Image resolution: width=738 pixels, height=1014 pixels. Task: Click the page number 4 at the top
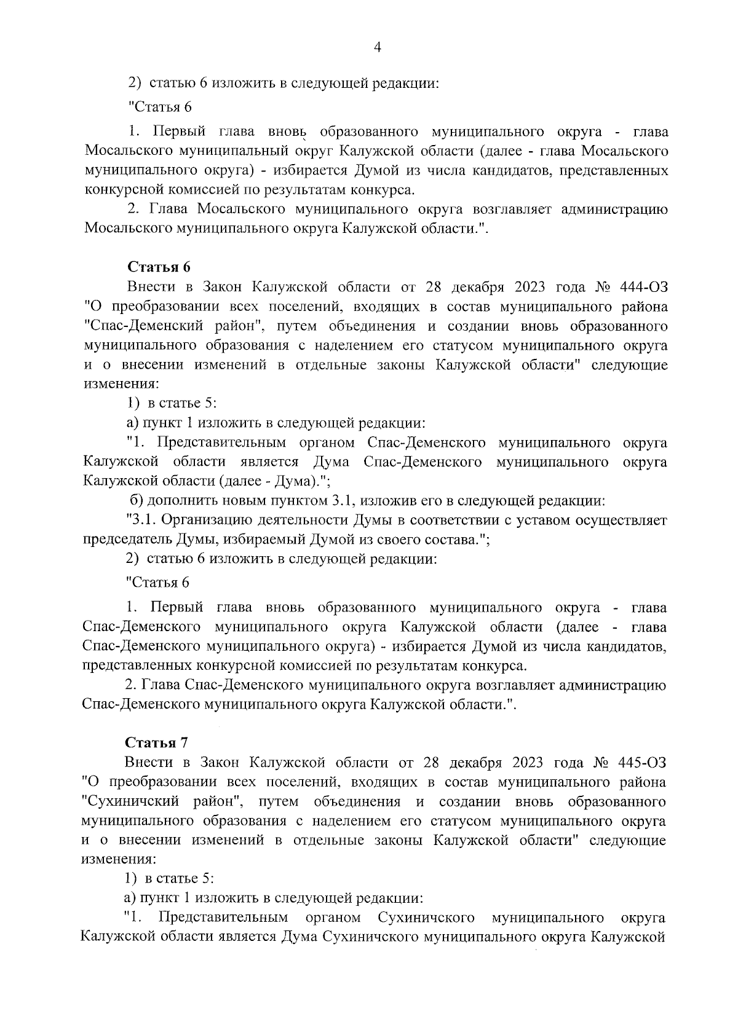[377, 47]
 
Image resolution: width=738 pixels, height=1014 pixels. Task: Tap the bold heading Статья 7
[156, 742]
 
